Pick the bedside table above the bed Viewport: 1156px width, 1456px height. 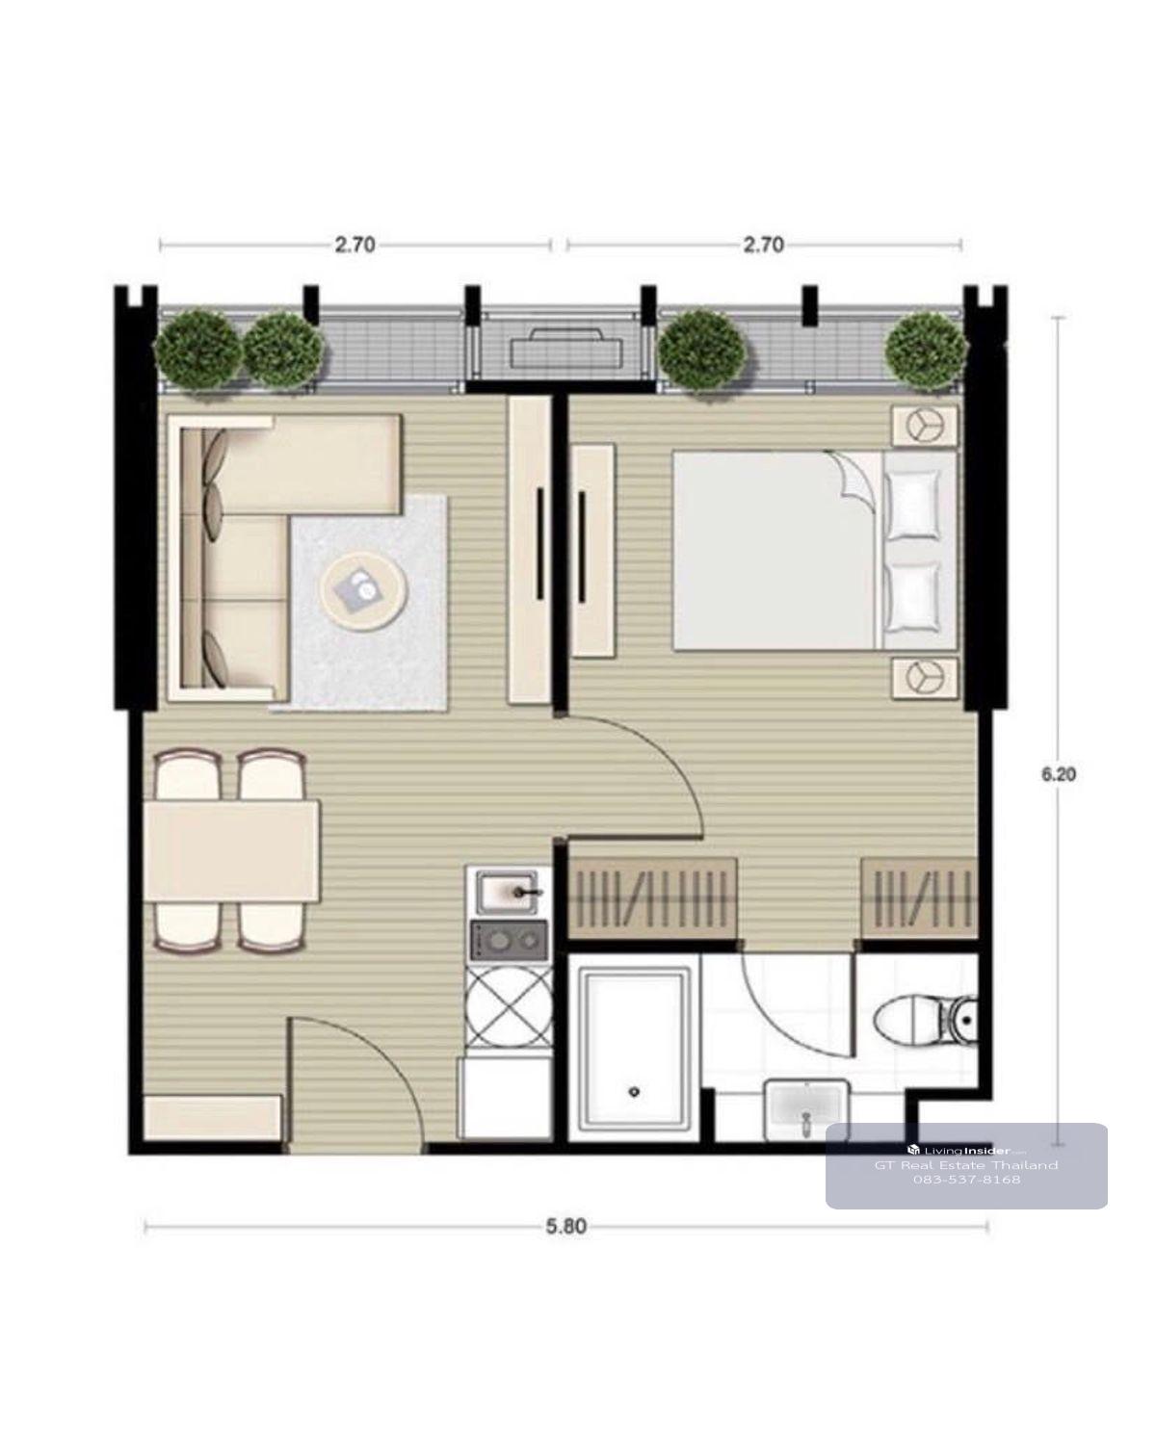tap(925, 426)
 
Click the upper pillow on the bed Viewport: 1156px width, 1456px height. tap(912, 505)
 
